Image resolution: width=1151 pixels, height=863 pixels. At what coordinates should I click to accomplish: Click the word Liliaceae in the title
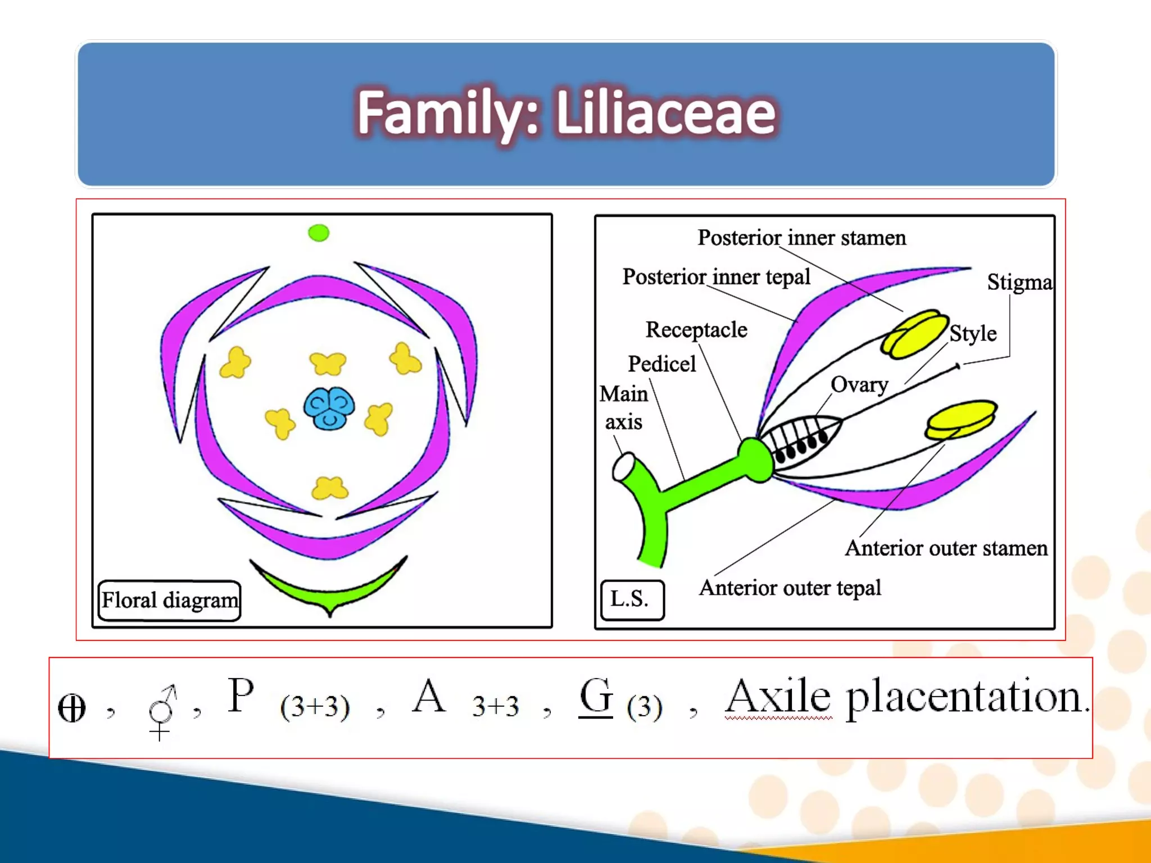click(666, 114)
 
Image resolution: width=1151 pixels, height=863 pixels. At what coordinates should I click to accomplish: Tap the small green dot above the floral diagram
click(319, 233)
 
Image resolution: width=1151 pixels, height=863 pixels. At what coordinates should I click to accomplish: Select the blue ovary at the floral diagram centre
click(329, 408)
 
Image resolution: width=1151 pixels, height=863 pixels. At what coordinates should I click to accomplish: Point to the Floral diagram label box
click(169, 600)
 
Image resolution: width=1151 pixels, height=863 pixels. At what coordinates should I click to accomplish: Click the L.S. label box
click(631, 599)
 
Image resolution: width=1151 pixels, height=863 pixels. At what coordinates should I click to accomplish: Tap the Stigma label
click(1019, 282)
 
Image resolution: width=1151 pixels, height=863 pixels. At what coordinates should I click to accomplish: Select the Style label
click(973, 334)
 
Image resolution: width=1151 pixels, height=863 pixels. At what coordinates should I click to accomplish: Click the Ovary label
click(859, 385)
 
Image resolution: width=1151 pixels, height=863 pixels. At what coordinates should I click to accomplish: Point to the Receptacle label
click(696, 330)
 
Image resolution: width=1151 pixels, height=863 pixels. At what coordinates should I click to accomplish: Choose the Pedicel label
click(661, 364)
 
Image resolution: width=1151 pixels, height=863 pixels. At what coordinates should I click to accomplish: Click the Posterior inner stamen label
click(801, 238)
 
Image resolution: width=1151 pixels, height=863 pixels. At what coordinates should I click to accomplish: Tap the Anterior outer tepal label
click(790, 588)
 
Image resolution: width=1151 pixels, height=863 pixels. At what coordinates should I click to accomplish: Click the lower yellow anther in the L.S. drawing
click(960, 419)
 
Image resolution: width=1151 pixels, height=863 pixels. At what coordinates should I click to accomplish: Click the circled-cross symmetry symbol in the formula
click(72, 708)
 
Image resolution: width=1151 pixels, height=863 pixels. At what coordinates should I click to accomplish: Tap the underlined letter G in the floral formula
click(595, 697)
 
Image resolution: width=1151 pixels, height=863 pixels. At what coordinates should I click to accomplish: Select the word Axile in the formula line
click(778, 697)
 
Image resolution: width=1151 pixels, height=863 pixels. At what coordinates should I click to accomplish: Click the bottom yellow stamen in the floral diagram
click(330, 488)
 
